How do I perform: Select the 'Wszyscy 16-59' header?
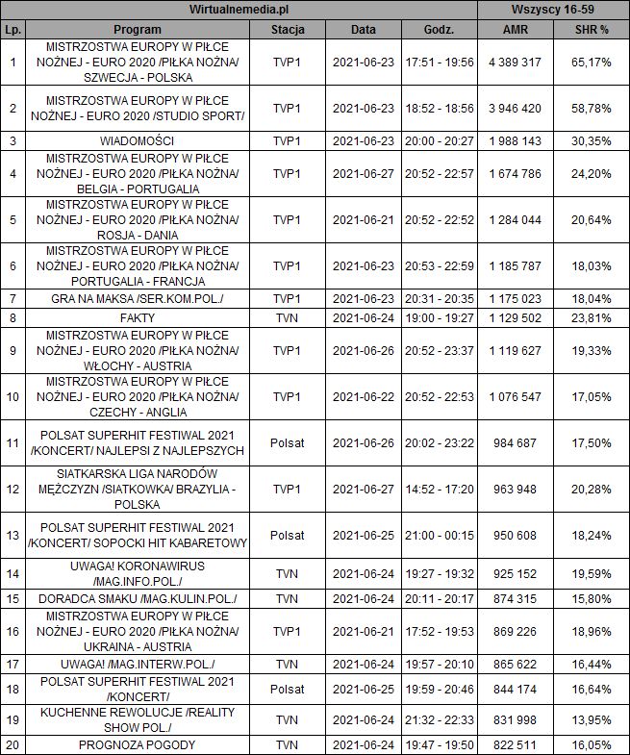pyautogui.click(x=553, y=10)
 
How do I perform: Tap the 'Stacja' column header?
pyautogui.click(x=288, y=30)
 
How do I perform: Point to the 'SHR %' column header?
pyautogui.click(x=592, y=30)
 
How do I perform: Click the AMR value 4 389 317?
pyautogui.click(x=515, y=62)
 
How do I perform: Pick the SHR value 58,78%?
pyautogui.click(x=592, y=109)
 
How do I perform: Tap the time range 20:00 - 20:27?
pyautogui.click(x=440, y=140)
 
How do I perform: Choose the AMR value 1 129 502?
pyautogui.click(x=515, y=316)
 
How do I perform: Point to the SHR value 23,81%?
pyautogui.click(x=592, y=316)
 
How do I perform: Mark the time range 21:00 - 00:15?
pyautogui.click(x=440, y=535)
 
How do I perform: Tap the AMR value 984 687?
pyautogui.click(x=515, y=443)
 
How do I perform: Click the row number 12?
pyautogui.click(x=13, y=490)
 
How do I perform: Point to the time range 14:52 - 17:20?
pyautogui.click(x=440, y=490)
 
